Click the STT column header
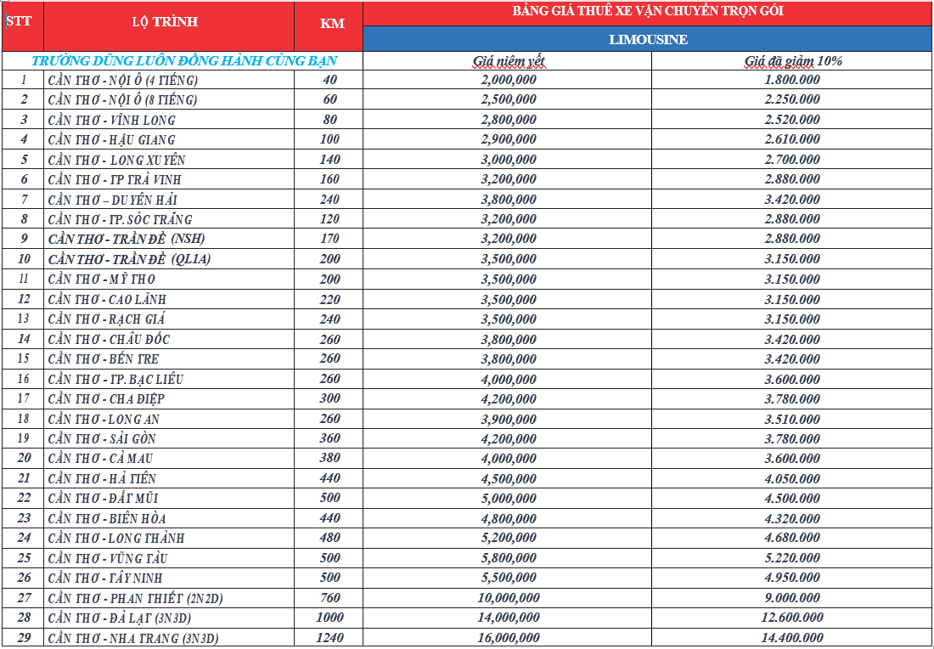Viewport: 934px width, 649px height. tap(19, 20)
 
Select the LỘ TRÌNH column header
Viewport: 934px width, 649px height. tap(165, 22)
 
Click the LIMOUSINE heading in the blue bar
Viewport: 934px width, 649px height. tap(648, 39)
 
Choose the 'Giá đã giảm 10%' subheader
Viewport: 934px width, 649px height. tap(793, 61)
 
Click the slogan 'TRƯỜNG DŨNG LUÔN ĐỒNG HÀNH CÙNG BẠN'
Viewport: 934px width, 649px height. tap(184, 61)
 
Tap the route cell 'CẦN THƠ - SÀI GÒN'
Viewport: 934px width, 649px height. tap(102, 439)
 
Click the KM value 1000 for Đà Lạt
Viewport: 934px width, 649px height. tap(330, 618)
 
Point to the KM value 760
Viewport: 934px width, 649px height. tap(330, 598)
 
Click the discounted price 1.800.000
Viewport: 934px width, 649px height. tap(792, 80)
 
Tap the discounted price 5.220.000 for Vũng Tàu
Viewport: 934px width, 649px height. tap(792, 558)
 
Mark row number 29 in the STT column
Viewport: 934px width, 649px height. tap(24, 638)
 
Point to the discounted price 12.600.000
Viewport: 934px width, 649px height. tap(792, 618)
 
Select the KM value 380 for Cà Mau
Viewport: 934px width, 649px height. tap(330, 459)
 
